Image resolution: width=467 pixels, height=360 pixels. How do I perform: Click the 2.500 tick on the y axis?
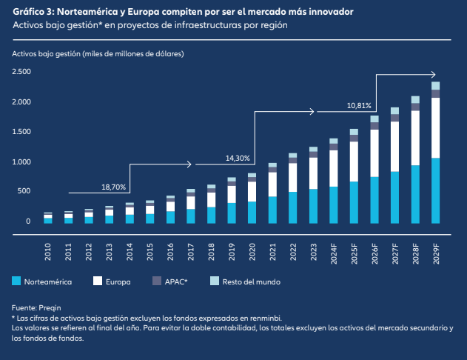[21, 72]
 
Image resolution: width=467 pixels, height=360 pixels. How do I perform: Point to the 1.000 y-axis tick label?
[21, 161]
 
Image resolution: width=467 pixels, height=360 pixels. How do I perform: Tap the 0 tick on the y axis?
[28, 221]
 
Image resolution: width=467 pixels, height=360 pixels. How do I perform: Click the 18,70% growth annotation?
[114, 187]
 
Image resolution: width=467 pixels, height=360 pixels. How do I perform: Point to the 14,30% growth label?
[238, 158]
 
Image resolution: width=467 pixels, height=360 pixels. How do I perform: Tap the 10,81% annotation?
[359, 106]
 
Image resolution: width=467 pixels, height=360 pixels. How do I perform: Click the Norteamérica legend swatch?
[16, 281]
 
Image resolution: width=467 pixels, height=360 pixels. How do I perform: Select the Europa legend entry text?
[119, 281]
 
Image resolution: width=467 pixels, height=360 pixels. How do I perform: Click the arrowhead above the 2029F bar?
[434, 74]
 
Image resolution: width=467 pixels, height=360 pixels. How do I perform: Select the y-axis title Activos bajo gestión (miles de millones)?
[98, 55]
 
